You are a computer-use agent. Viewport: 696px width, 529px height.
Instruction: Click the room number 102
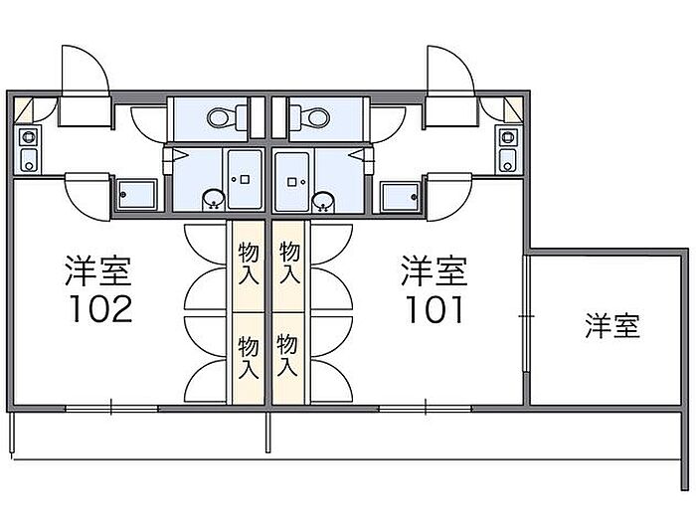pos(100,309)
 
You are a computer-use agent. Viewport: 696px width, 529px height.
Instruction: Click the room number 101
pos(435,309)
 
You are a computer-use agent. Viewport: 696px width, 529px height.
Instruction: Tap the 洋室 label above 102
pos(98,270)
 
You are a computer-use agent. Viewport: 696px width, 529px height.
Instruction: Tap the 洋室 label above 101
pos(435,270)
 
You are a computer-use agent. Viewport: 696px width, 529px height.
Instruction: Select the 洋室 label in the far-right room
pos(612,326)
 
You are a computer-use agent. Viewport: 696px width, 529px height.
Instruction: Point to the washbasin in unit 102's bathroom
pos(214,199)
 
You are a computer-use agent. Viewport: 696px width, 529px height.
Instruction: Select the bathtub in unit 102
pos(245,180)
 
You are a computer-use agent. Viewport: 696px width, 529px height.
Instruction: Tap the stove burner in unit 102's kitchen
pos(29,137)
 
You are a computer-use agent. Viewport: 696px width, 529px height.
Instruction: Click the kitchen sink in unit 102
pos(29,160)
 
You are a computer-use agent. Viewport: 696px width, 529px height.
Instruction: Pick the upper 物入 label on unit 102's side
pos(249,264)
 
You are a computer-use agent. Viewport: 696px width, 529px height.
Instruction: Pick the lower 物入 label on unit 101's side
pos(287,355)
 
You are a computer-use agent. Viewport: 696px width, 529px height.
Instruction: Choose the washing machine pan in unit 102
pos(137,194)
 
